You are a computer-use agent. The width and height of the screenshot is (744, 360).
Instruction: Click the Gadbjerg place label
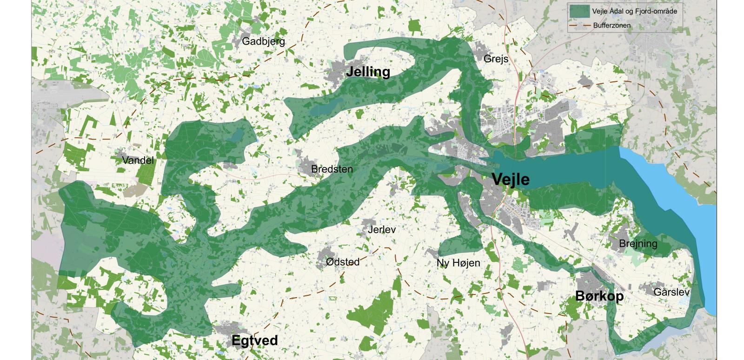263,41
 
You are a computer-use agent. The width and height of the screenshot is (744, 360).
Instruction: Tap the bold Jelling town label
368,72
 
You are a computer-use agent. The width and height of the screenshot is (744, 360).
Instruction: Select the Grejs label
496,59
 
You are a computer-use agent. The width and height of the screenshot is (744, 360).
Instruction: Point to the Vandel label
138,160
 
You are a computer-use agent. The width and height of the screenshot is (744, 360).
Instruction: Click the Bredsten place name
332,169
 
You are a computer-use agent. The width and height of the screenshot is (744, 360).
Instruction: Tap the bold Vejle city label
510,180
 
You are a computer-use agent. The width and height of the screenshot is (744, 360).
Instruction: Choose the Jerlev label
381,230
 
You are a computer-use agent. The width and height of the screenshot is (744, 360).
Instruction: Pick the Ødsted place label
343,262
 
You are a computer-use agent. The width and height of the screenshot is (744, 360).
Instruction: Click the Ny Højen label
458,263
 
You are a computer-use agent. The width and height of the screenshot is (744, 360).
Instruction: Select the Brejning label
638,244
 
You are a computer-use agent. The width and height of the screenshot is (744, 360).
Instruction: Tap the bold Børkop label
599,296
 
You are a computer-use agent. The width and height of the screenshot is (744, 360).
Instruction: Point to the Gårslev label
671,293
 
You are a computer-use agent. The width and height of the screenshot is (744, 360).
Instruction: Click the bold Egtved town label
254,340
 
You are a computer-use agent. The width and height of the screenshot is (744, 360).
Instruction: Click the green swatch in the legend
580,11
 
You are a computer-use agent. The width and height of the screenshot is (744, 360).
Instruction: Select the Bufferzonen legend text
611,26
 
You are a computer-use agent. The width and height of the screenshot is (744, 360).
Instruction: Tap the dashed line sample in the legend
580,26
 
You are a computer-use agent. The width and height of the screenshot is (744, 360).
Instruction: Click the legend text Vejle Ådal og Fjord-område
627,11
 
